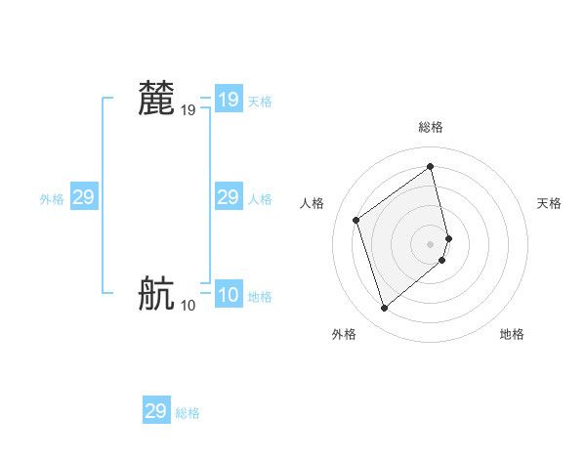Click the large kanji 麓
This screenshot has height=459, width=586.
[x=157, y=100]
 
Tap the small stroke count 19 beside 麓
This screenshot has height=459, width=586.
[x=188, y=111]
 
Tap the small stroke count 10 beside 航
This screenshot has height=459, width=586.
[x=188, y=305]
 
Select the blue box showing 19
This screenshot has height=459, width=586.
[x=229, y=100]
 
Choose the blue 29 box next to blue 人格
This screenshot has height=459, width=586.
[x=229, y=197]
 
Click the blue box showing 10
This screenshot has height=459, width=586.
[x=229, y=295]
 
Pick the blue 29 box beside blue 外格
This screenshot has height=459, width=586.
[x=84, y=197]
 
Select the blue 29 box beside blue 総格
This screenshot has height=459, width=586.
[x=156, y=411]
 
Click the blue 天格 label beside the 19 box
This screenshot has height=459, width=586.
[x=260, y=102]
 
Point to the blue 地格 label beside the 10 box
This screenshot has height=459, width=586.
[x=260, y=297]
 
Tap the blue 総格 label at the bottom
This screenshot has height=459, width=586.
[x=188, y=413]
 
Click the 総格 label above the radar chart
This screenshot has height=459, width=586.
[x=431, y=127]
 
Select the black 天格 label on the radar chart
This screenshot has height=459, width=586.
[x=549, y=203]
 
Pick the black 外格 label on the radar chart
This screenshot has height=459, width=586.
[x=344, y=334]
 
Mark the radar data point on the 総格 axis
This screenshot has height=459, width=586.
[x=431, y=166]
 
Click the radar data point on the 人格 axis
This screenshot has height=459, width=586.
[x=356, y=220]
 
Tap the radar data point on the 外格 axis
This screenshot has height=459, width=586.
[x=385, y=309]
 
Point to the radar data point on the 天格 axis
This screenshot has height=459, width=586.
[x=448, y=237]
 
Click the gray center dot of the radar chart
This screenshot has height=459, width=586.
[x=431, y=243]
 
